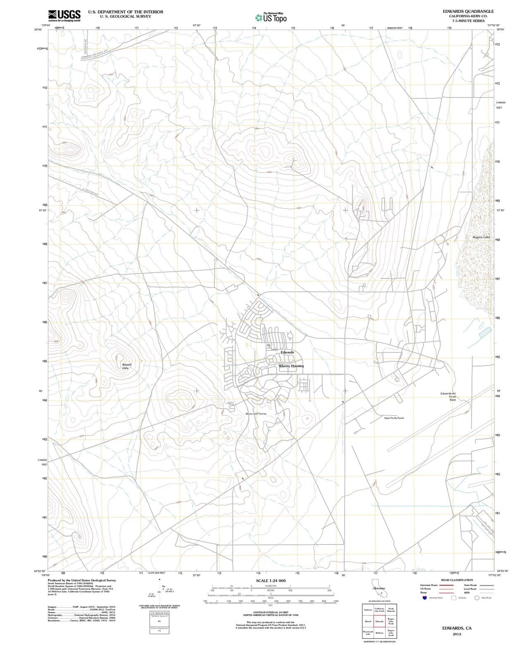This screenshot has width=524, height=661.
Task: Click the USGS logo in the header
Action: (x=64, y=16)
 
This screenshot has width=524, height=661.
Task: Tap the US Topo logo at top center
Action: (x=271, y=18)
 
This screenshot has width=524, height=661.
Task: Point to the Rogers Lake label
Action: (x=481, y=237)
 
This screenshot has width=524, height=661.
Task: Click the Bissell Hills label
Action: (x=126, y=366)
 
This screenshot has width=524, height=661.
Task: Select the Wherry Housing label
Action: (x=291, y=366)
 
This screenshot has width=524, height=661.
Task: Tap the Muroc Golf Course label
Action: (x=256, y=414)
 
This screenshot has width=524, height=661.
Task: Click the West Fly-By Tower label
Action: (x=394, y=418)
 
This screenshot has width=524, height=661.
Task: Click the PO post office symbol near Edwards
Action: (x=268, y=345)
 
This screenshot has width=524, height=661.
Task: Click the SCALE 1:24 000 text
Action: (x=271, y=580)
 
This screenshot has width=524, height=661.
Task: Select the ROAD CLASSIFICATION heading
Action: (x=457, y=580)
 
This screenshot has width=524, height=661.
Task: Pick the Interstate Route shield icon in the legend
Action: (x=424, y=598)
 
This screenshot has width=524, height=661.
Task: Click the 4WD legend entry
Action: (x=467, y=592)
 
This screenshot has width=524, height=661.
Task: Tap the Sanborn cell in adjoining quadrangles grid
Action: (x=368, y=610)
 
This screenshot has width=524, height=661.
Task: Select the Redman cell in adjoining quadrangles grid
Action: (x=379, y=633)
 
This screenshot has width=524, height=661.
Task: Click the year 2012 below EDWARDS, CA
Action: (x=457, y=634)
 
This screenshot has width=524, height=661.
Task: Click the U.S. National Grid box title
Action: (x=159, y=613)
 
